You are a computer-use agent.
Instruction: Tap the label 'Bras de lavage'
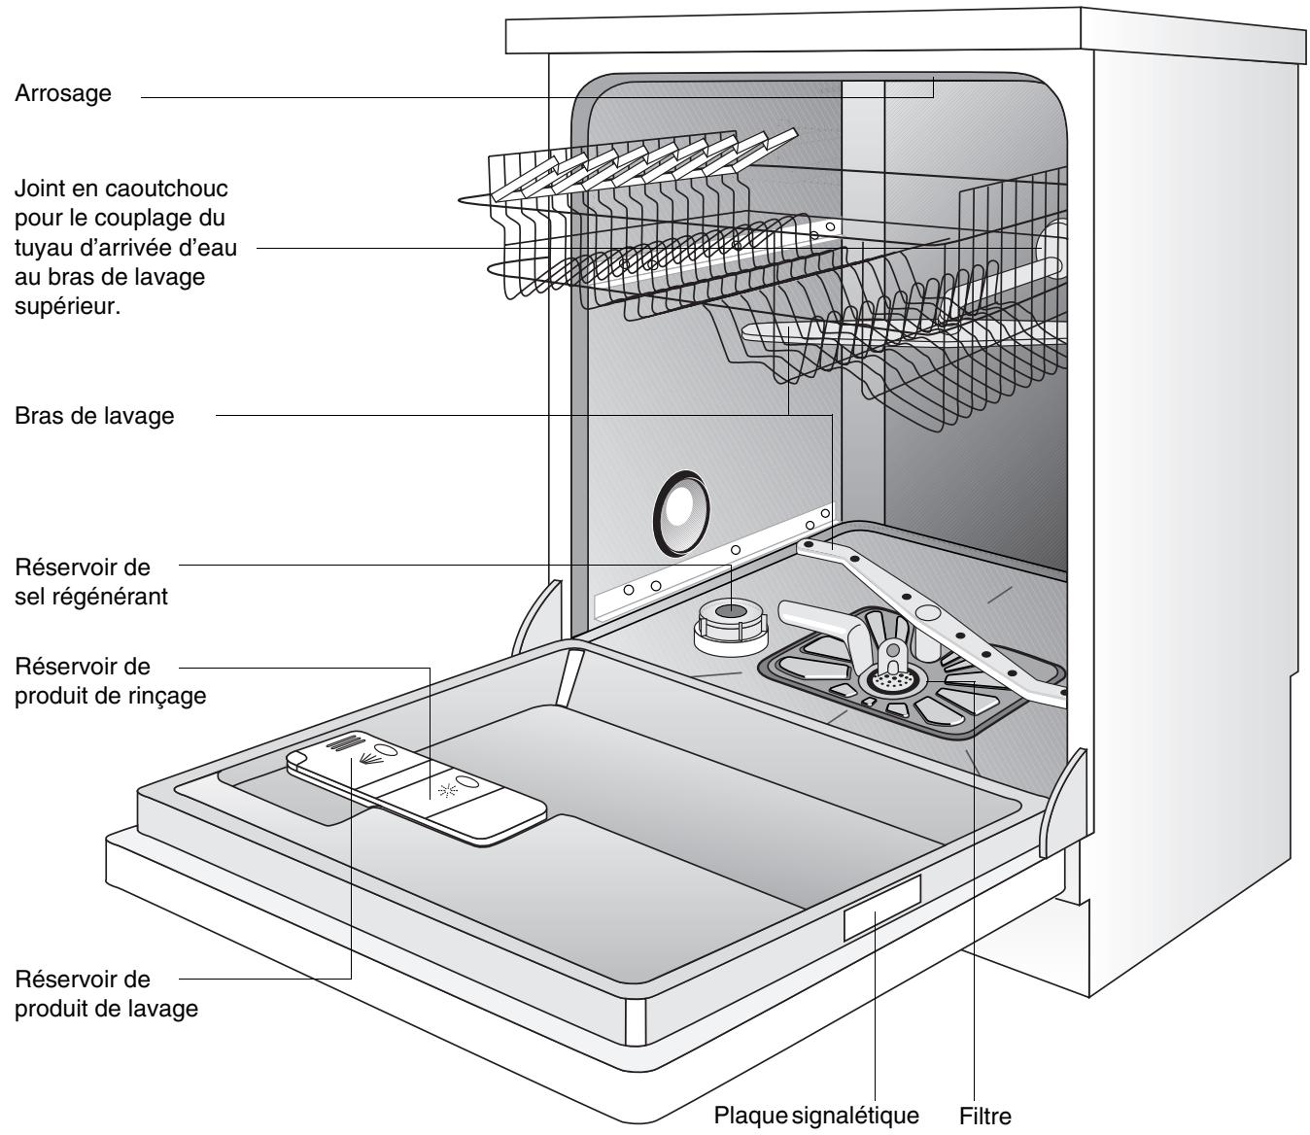(94, 416)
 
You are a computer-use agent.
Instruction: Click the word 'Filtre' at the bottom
(985, 1116)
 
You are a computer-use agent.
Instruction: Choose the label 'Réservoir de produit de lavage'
(106, 991)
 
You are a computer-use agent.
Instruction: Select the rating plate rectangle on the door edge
(881, 907)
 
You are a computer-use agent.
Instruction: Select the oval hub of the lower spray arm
(928, 614)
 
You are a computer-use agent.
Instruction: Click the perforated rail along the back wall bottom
(709, 566)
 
